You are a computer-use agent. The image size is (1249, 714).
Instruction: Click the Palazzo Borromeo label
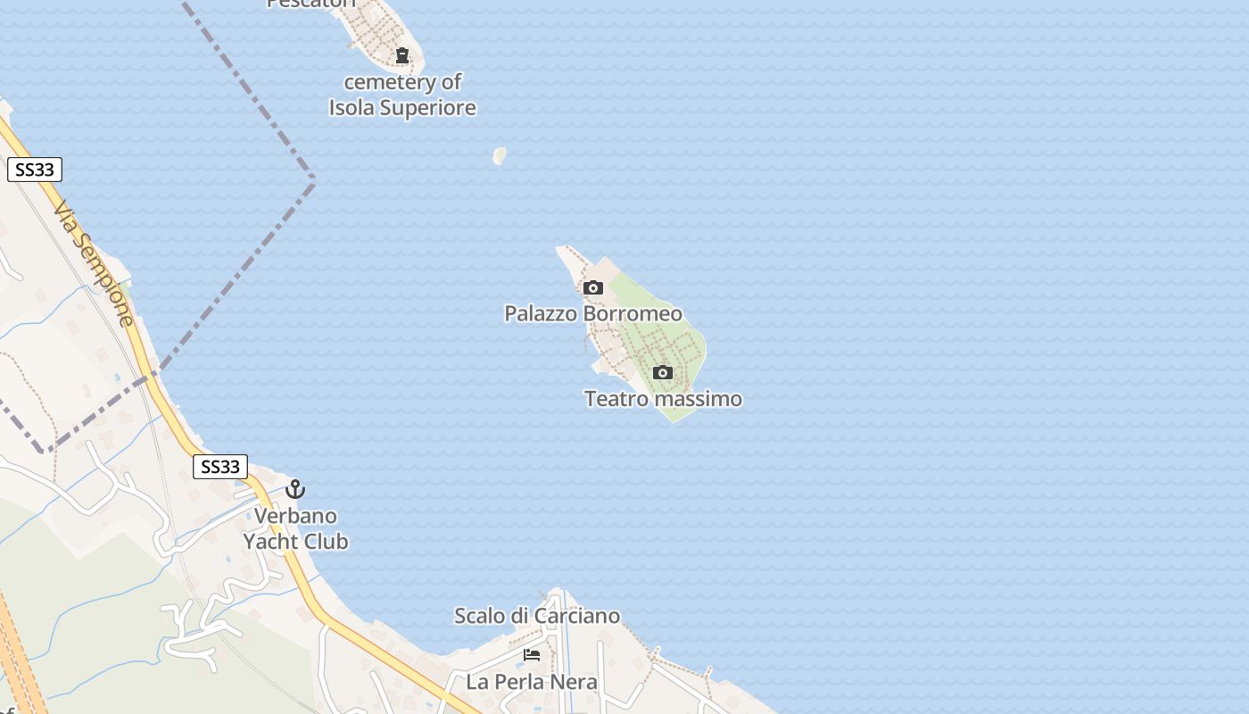pos(593,313)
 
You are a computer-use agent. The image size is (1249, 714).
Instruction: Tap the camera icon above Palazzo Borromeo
pos(593,287)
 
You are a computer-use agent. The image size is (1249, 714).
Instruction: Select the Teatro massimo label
pos(663,399)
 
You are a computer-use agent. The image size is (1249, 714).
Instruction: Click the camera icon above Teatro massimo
pos(663,372)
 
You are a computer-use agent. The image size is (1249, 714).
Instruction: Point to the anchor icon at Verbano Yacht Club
pos(295,489)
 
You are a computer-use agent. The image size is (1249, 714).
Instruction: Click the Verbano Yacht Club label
pos(295,528)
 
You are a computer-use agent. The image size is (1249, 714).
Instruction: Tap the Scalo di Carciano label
pos(537,616)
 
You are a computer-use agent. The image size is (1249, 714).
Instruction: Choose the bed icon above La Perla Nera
pos(532,655)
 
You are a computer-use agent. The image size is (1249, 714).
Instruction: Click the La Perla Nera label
pos(532,683)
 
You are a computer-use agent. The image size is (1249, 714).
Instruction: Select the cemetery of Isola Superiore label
pos(402,95)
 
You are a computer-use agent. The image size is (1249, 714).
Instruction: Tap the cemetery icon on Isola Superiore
pos(402,55)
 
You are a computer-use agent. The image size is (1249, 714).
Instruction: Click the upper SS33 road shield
pos(35,170)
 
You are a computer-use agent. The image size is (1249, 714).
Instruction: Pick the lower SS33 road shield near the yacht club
pos(220,466)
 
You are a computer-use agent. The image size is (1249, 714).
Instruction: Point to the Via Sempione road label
pos(95,262)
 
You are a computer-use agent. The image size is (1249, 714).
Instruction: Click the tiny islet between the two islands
pos(500,156)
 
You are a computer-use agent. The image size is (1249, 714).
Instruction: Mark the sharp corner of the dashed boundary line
pos(314,178)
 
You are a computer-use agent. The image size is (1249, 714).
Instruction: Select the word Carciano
pos(579,616)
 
